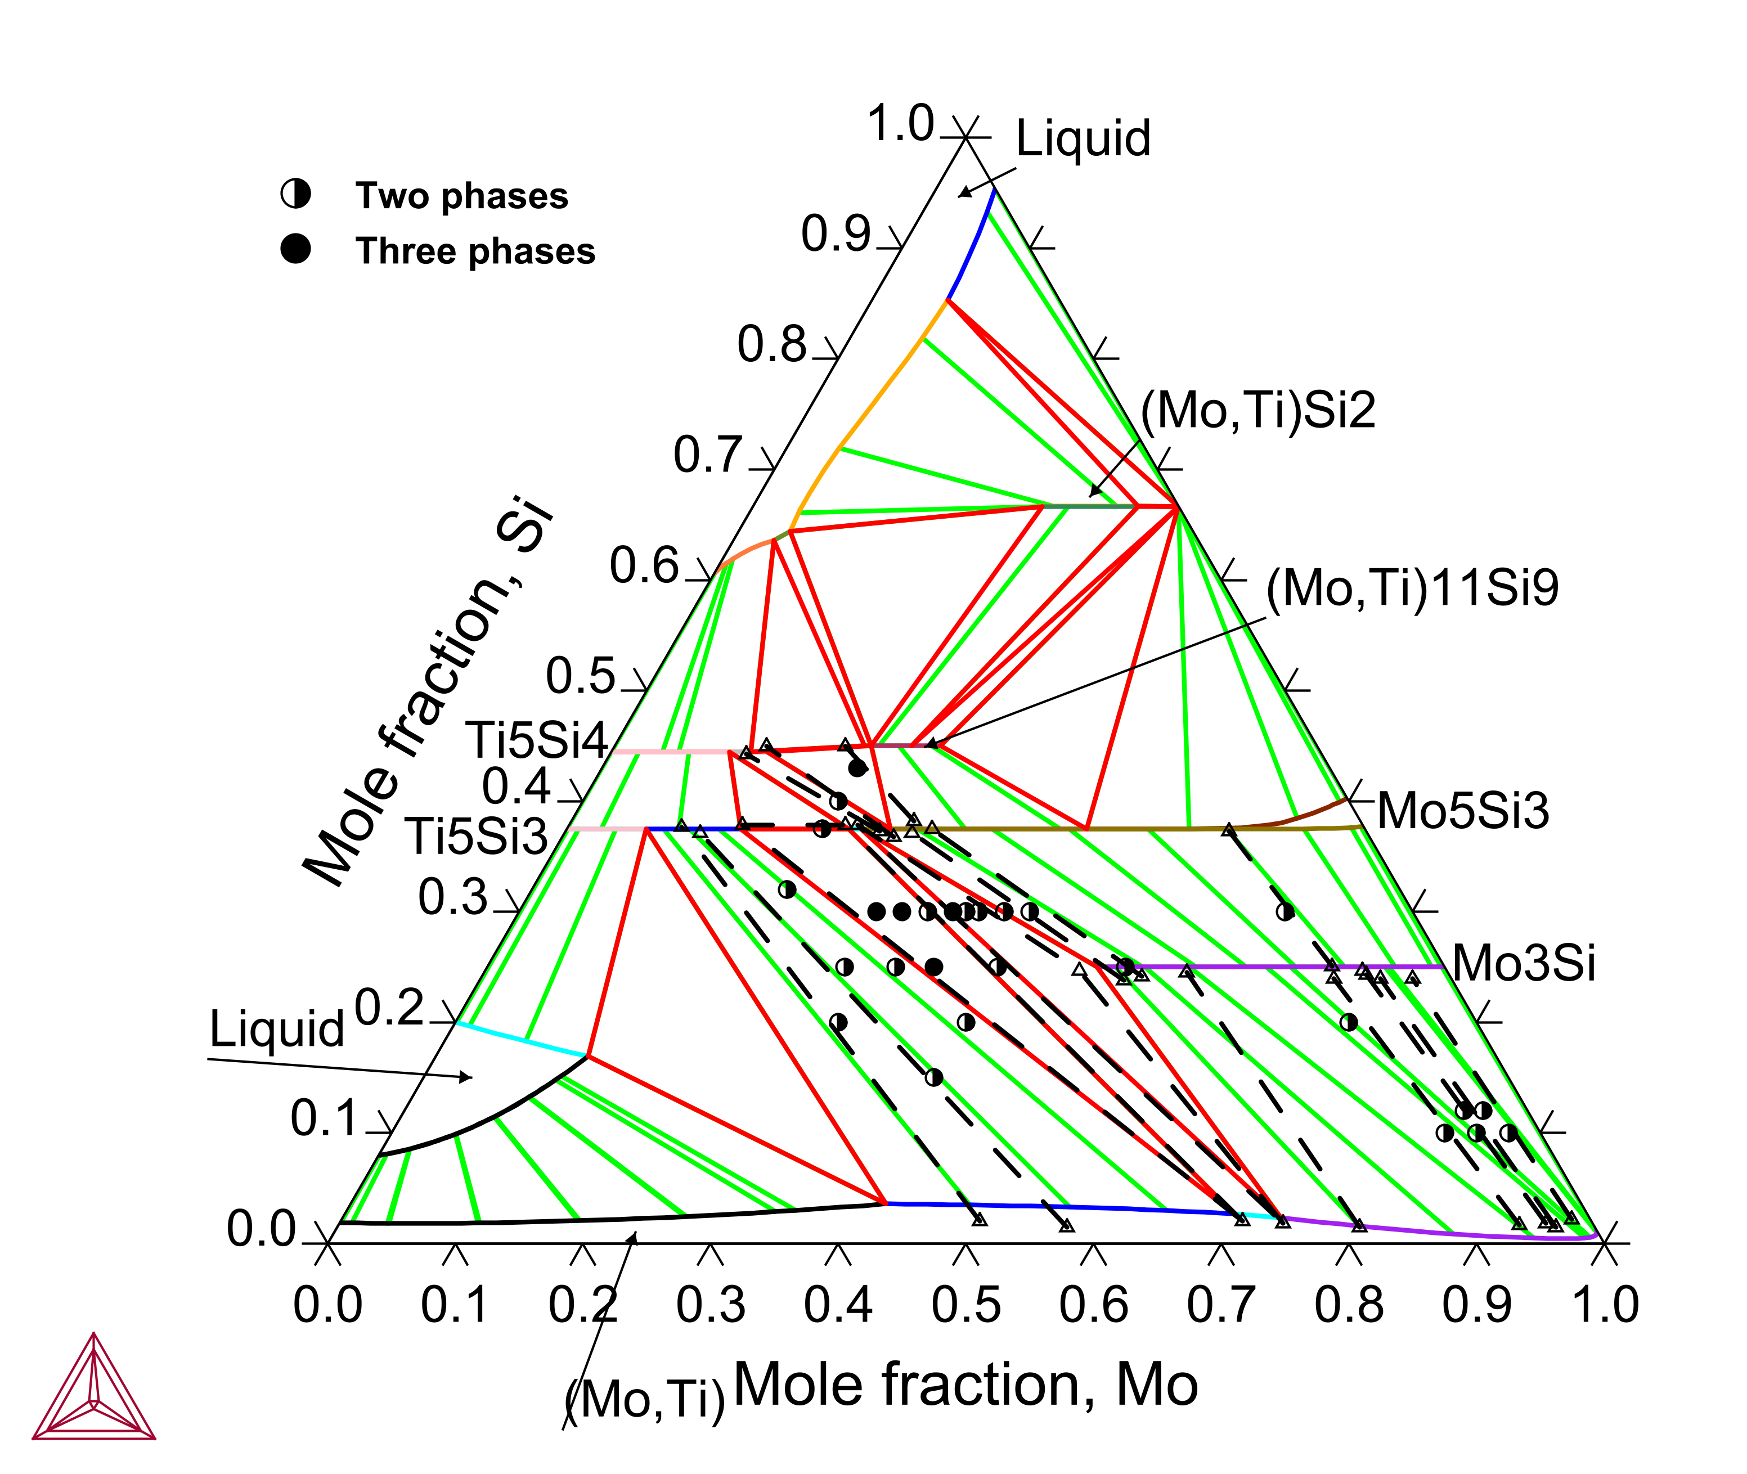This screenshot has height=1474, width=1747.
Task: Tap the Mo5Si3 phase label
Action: click(1462, 811)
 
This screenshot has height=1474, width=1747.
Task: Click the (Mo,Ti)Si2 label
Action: click(1258, 411)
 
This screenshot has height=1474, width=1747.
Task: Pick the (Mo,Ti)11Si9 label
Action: click(1412, 588)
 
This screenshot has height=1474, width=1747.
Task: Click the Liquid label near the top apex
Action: click(1083, 138)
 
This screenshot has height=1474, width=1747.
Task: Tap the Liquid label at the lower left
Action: click(277, 1028)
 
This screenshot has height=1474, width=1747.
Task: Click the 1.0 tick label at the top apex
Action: click(900, 124)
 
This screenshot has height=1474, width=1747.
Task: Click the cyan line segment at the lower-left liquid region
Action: click(522, 1040)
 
